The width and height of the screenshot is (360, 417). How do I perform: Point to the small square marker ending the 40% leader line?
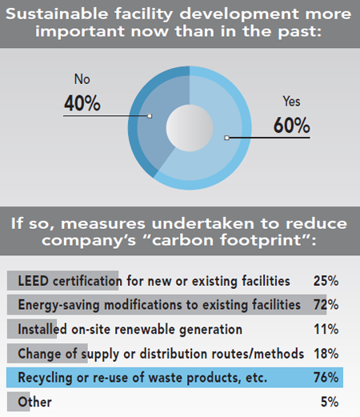pos(150,115)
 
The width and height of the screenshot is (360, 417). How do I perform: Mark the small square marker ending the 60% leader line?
pos(227,138)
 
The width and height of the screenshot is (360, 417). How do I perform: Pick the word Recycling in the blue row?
pos(45,377)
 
